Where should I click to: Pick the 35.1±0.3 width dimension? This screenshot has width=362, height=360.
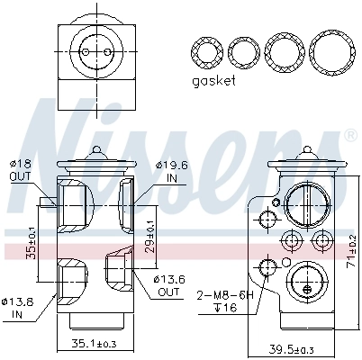[95, 343]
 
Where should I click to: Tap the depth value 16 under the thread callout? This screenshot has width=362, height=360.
[226, 308]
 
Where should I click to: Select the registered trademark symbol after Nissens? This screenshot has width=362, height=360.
[349, 137]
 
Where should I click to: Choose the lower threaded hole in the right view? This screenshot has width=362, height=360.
[266, 265]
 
